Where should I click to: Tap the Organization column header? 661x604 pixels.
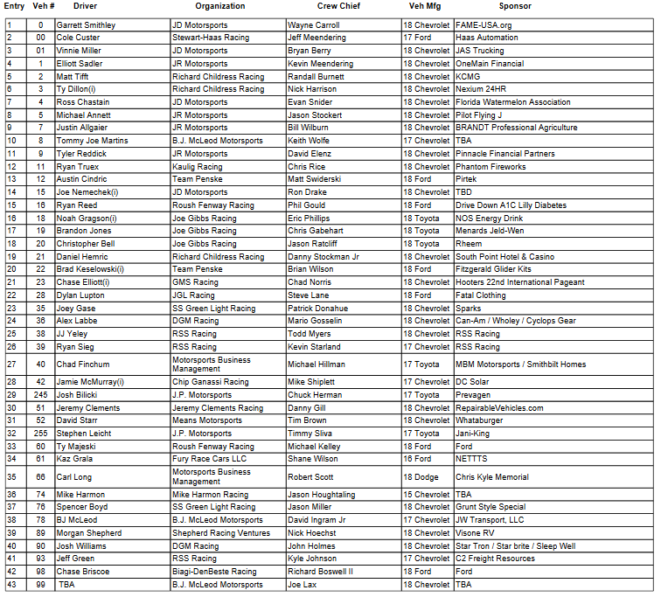pyautogui.click(x=220, y=6)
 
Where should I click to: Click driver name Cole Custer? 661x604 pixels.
pyautogui.click(x=78, y=38)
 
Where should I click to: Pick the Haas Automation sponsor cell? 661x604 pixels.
pyautogui.click(x=487, y=38)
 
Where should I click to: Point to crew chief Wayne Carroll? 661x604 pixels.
pyautogui.click(x=313, y=25)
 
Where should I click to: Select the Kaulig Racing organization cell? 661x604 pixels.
pyautogui.click(x=198, y=166)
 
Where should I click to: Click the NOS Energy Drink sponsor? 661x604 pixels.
pyautogui.click(x=489, y=218)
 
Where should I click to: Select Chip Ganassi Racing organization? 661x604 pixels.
pyautogui.click(x=211, y=381)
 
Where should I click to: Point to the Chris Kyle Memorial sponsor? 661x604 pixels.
pyautogui.click(x=492, y=477)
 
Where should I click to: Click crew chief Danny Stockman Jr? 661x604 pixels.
pyautogui.click(x=324, y=257)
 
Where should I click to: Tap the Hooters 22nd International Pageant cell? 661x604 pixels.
pyautogui.click(x=520, y=282)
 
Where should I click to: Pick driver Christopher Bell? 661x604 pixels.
pyautogui.click(x=86, y=244)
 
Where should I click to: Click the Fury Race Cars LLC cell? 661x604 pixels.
pyautogui.click(x=210, y=458)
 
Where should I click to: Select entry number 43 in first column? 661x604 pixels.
pyautogui.click(x=11, y=584)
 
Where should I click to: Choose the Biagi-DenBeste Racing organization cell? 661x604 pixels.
pyautogui.click(x=215, y=571)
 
